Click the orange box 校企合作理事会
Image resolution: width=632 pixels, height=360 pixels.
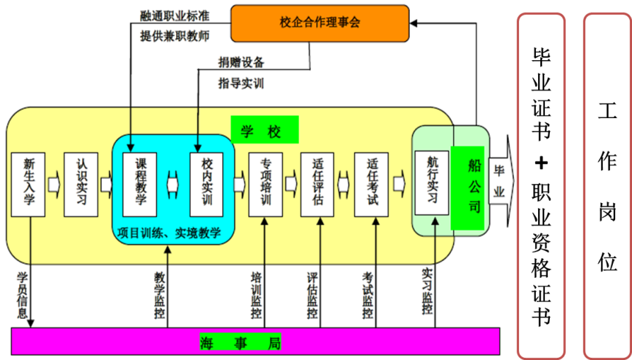tap(320, 23)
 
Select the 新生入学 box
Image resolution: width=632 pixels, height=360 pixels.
tap(29, 184)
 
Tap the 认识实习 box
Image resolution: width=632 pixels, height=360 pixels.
tap(81, 184)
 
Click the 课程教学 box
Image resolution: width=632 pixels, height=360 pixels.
tap(140, 184)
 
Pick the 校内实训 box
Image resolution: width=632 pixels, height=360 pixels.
tap(206, 184)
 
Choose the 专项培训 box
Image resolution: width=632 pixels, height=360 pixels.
tap(265, 184)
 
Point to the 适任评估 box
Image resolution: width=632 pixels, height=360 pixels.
tap(317, 184)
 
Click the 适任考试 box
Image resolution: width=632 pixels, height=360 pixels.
tap(371, 184)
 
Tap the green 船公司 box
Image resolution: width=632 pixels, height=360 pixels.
tap(468, 187)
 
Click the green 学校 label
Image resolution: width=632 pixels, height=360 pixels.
tap(265, 131)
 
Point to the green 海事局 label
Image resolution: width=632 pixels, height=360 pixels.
tap(240, 342)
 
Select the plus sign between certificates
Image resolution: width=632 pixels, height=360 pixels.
tap(541, 162)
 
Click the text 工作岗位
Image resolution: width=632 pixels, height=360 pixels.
tap(607, 187)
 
